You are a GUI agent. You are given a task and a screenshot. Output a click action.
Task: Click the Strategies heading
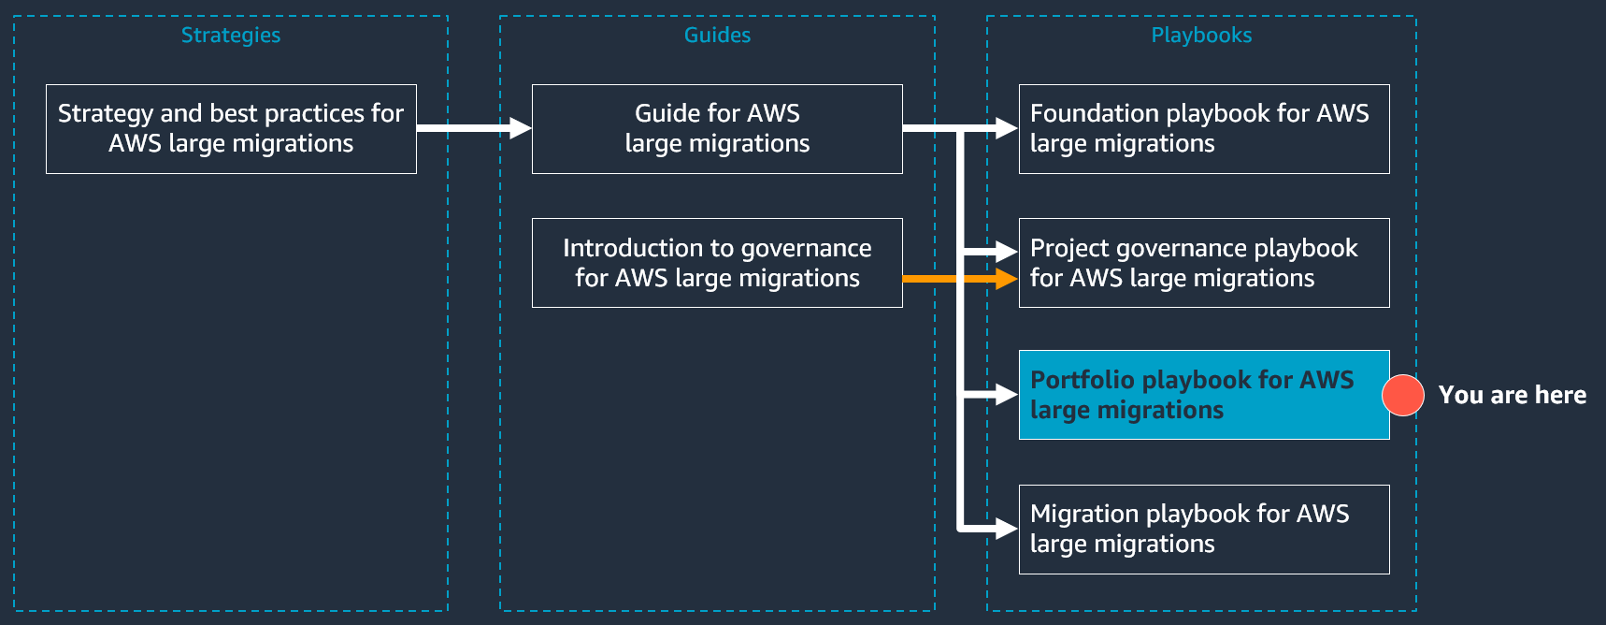coord(230,36)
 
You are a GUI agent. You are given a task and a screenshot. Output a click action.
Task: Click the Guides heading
coord(717,36)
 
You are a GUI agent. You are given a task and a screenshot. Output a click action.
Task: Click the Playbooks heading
coord(1201,36)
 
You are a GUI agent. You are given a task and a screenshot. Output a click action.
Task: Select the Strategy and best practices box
coord(231,129)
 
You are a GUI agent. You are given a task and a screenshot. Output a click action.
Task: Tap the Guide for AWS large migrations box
coord(717,129)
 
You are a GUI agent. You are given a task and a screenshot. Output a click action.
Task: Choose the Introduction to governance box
coord(717,263)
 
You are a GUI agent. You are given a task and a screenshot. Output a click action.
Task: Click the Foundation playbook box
coord(1204,129)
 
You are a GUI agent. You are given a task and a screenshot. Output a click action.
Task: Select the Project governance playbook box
coord(1204,263)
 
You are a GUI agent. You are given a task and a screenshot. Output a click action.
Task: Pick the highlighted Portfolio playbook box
coord(1204,395)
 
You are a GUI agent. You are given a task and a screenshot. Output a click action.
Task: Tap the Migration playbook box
coord(1204,530)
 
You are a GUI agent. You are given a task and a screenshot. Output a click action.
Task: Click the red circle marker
coord(1403,395)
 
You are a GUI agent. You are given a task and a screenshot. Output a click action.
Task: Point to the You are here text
coord(1512,395)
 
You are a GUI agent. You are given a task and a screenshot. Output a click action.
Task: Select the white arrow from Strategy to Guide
coord(472,128)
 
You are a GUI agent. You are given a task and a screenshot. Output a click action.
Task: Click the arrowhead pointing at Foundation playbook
coord(1006,128)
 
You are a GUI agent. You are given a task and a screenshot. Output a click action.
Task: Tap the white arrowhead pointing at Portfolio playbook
coord(1006,395)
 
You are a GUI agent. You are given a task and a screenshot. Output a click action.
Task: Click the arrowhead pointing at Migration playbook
coord(1006,530)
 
